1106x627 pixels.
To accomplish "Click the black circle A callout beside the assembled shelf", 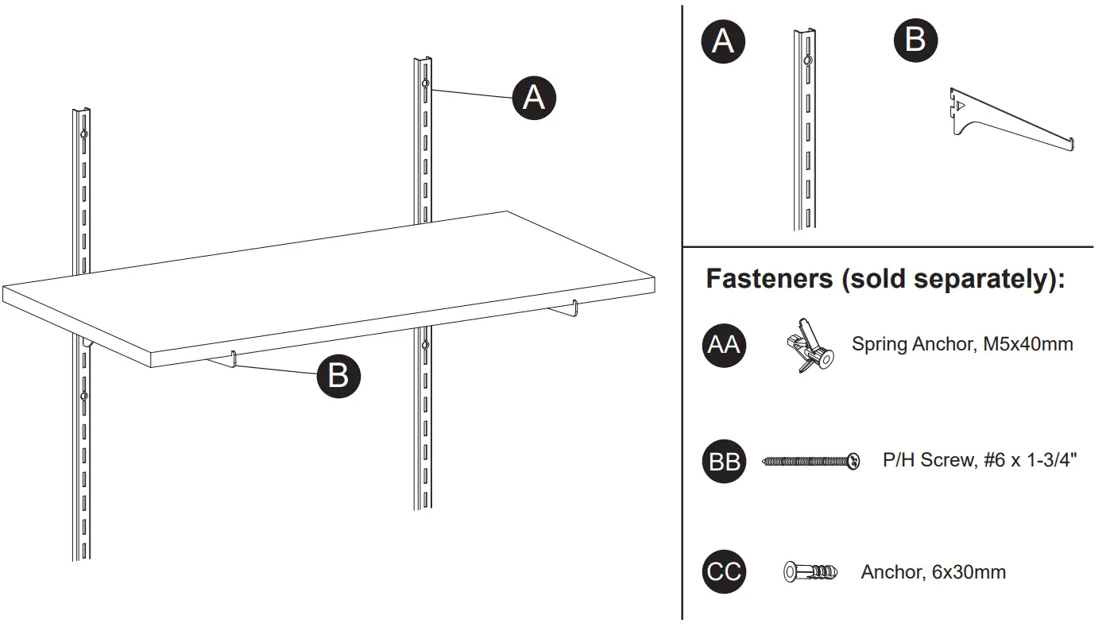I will click(x=534, y=98).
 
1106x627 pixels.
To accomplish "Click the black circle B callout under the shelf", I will click(x=338, y=375).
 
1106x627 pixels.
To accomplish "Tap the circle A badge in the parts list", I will click(x=722, y=41).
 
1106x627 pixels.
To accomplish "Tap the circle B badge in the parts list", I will click(x=915, y=40).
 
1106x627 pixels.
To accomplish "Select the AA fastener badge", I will click(x=724, y=345).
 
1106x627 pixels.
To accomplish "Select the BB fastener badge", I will click(x=724, y=462).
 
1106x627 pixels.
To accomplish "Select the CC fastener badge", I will click(x=724, y=572).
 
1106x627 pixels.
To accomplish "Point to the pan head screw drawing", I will click(x=810, y=461).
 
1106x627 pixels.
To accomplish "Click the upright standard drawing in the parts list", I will click(x=804, y=131).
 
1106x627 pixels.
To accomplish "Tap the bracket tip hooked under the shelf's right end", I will click(x=574, y=308).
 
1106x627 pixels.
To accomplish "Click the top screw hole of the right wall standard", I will click(x=426, y=84).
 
